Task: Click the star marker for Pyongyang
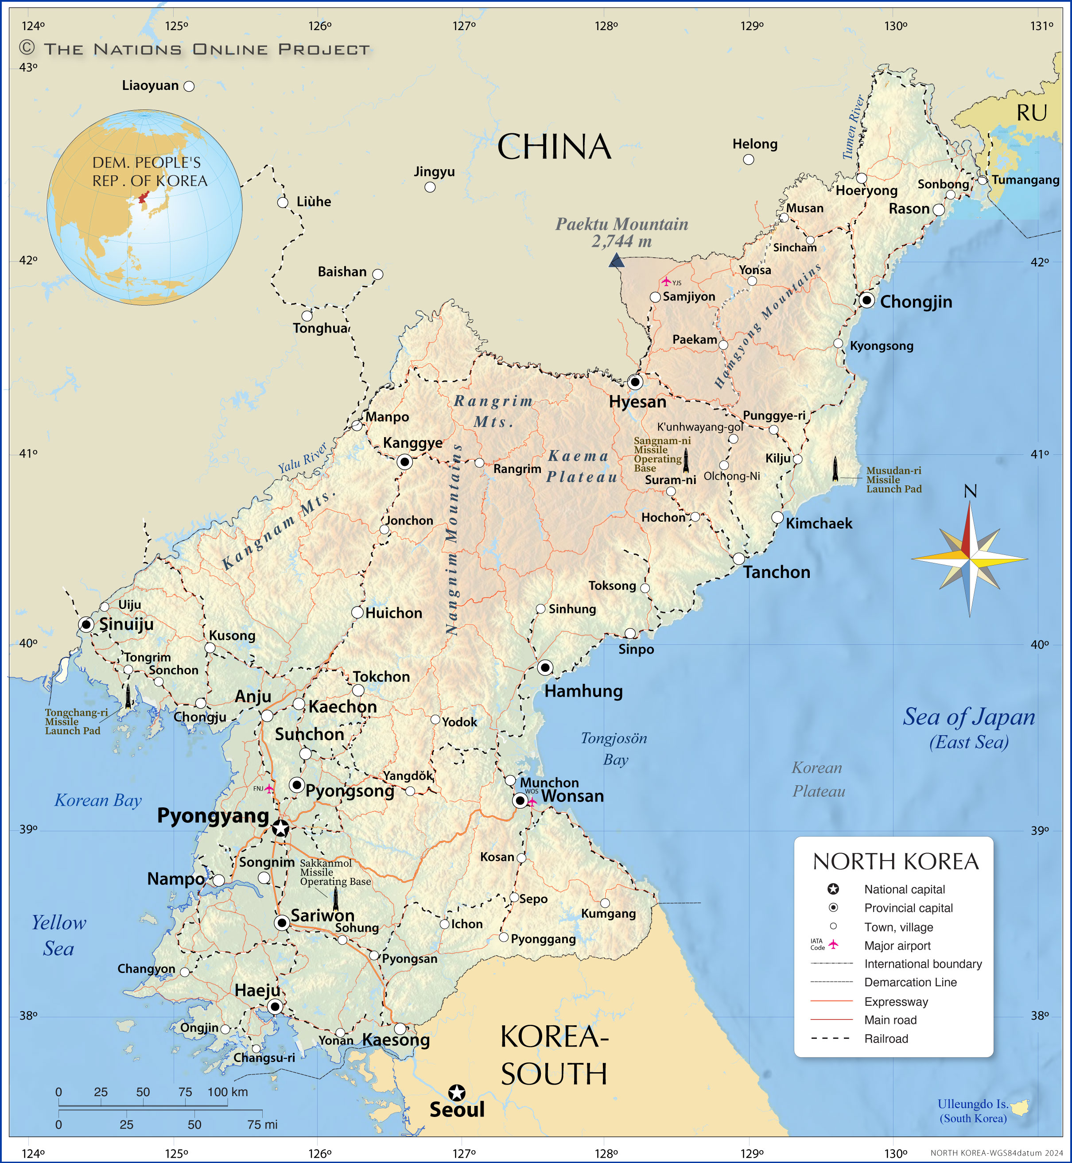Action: (x=281, y=828)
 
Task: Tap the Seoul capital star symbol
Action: (x=457, y=1093)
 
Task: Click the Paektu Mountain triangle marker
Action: (x=617, y=260)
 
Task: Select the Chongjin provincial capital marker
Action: (x=866, y=300)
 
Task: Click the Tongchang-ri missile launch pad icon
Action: (x=128, y=697)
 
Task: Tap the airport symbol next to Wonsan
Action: (x=532, y=802)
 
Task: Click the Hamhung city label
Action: (x=583, y=691)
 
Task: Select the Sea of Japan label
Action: (x=969, y=717)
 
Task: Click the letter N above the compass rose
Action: (x=970, y=491)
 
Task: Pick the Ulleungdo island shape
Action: (x=1020, y=1107)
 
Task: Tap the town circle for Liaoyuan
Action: (x=189, y=86)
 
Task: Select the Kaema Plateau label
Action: (x=581, y=466)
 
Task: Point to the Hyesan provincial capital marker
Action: (x=635, y=382)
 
